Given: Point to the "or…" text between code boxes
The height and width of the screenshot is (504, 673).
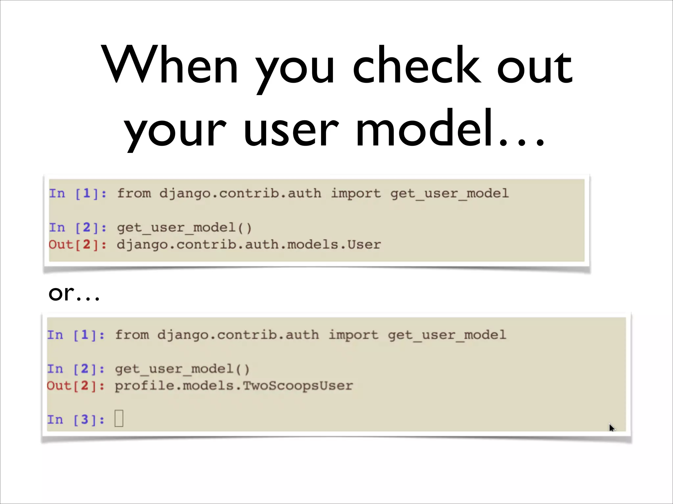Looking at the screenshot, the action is pyautogui.click(x=74, y=293).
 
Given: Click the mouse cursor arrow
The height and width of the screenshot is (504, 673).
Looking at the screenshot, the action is pyautogui.click(x=611, y=427).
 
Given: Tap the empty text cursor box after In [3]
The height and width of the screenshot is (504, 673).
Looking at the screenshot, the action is pyautogui.click(x=119, y=419).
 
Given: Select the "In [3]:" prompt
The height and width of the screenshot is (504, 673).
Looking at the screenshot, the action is pyautogui.click(x=76, y=420).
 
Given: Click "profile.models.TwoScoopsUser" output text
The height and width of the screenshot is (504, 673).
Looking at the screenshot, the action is pyautogui.click(x=234, y=386).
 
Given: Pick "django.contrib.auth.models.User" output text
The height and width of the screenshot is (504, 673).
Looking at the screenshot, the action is pyautogui.click(x=249, y=244).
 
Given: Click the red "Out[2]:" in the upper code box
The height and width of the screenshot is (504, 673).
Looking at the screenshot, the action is pyautogui.click(x=78, y=244).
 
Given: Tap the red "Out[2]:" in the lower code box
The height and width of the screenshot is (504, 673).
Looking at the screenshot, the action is pyautogui.click(x=76, y=386).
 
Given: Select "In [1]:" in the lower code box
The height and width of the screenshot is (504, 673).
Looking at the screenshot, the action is pyautogui.click(x=76, y=335).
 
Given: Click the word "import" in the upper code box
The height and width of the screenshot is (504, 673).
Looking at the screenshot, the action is pyautogui.click(x=356, y=194).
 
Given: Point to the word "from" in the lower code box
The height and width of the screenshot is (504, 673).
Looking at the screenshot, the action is pyautogui.click(x=132, y=335).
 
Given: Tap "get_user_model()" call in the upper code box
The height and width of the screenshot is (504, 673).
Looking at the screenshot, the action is pyautogui.click(x=184, y=228).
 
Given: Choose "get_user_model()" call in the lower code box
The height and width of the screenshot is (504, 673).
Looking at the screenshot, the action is pyautogui.click(x=182, y=369).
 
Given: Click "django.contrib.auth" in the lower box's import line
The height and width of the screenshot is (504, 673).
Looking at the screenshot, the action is pyautogui.click(x=238, y=335).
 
